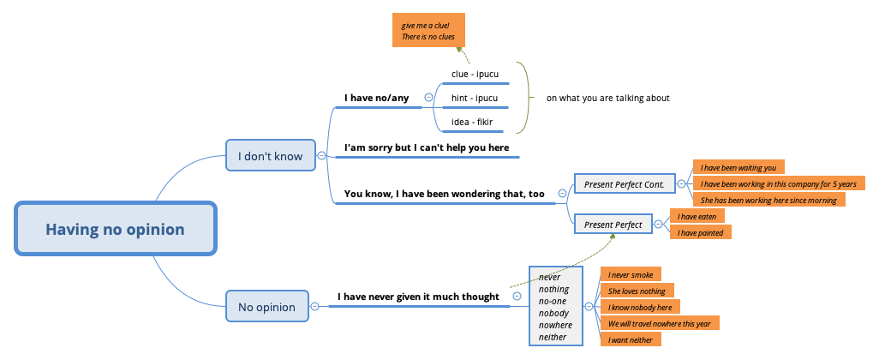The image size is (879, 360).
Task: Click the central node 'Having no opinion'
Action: click(x=115, y=229)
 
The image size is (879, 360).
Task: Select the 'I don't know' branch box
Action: click(x=270, y=156)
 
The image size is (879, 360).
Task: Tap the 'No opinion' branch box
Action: click(x=266, y=306)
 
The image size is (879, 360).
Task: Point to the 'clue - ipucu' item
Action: click(x=475, y=74)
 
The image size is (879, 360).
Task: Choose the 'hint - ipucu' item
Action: click(x=475, y=98)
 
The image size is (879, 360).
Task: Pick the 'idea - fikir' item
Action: click(x=472, y=123)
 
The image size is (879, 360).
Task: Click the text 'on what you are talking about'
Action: click(x=607, y=98)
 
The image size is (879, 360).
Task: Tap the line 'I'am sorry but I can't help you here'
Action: click(x=427, y=147)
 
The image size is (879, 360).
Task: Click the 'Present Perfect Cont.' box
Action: click(x=623, y=183)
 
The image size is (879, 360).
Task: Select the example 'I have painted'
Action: click(x=701, y=232)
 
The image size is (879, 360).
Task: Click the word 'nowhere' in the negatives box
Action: click(x=554, y=325)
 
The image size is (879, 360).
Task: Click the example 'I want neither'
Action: click(x=630, y=339)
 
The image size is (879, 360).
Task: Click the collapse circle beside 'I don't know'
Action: click(x=320, y=156)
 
